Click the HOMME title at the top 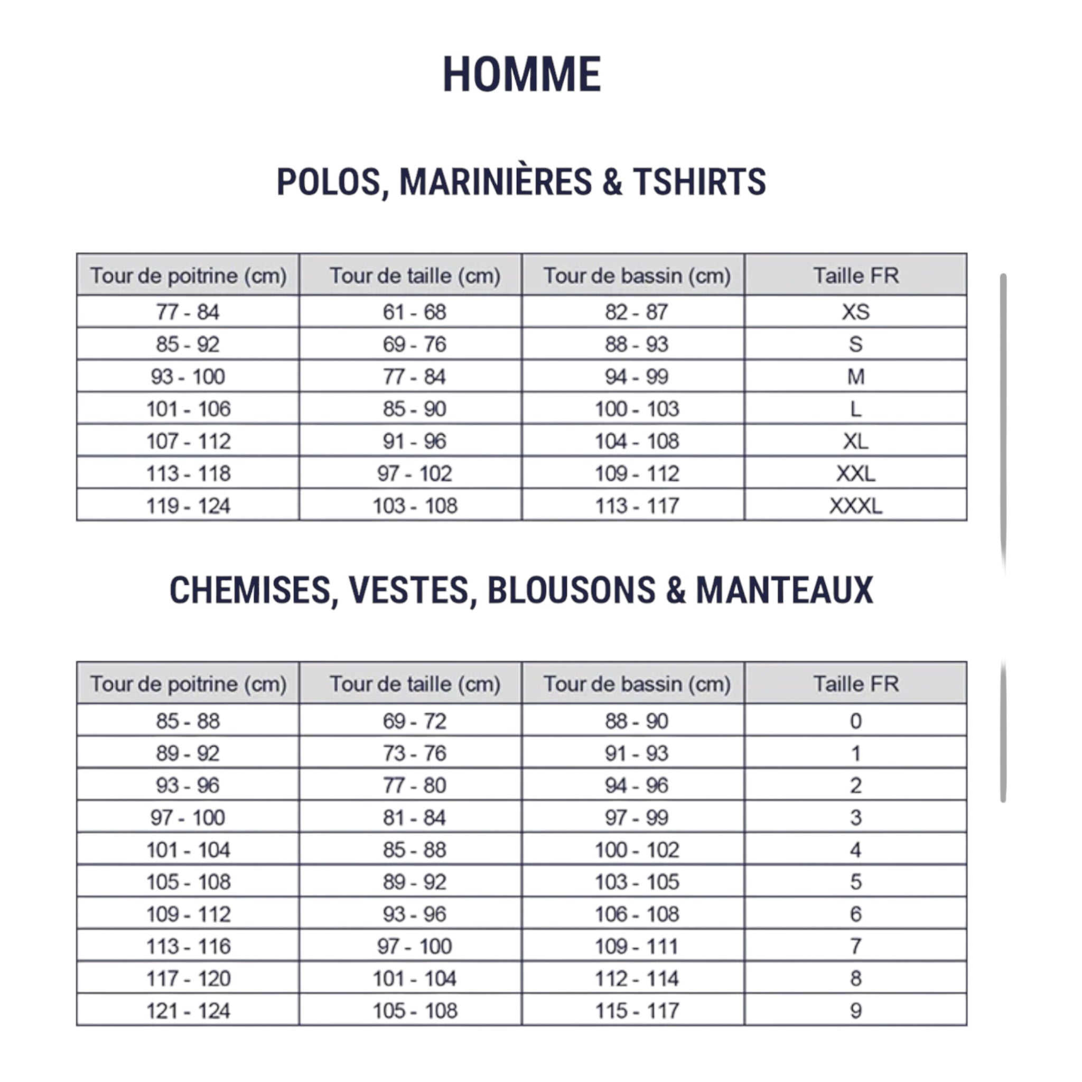[521, 74]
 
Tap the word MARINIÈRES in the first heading [496, 182]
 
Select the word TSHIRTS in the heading [699, 182]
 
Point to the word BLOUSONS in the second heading [571, 590]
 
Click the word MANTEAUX [784, 590]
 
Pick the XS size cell [855, 312]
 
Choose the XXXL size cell [855, 506]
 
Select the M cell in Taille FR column [855, 376]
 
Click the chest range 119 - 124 [188, 506]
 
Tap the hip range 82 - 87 [636, 312]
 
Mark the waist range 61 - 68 [414, 312]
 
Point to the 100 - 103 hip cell [637, 409]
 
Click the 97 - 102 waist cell [414, 474]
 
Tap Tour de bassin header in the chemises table [637, 684]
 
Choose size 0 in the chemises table [855, 721]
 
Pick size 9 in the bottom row [855, 1011]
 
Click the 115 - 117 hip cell [637, 1011]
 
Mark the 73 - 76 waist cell [414, 753]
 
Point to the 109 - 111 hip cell [637, 946]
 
